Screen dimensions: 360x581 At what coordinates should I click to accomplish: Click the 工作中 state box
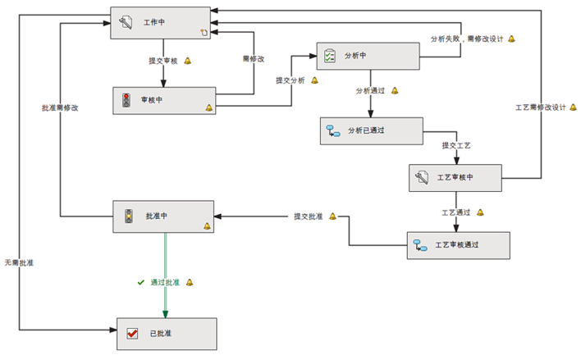tap(161, 22)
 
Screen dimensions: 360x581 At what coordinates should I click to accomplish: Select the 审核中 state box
tap(163, 101)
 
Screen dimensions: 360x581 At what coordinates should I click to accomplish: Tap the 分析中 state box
tap(368, 56)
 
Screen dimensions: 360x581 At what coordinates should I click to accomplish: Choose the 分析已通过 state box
tap(371, 130)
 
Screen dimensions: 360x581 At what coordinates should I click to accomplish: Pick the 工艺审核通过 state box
tap(458, 245)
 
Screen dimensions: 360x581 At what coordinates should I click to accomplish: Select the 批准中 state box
tap(162, 216)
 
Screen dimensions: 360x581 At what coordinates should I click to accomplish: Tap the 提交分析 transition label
tap(290, 80)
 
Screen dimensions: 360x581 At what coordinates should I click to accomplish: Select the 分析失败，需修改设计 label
tap(467, 39)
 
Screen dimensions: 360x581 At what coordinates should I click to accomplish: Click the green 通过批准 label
tap(164, 282)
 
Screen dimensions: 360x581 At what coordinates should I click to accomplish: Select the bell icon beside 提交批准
tap(332, 216)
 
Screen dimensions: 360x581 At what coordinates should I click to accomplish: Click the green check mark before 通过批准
tap(140, 282)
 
